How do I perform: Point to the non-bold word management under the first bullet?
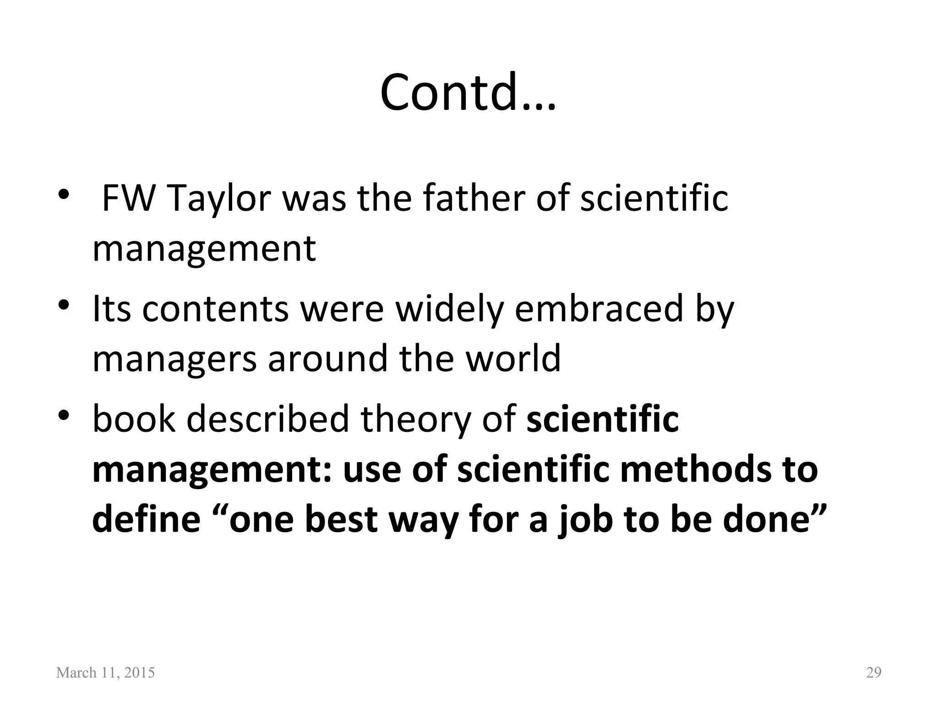point(204,249)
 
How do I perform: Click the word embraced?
point(597,309)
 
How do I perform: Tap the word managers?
point(175,358)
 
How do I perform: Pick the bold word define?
point(146,519)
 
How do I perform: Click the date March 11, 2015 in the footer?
point(105,673)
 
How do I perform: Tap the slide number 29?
point(873,673)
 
